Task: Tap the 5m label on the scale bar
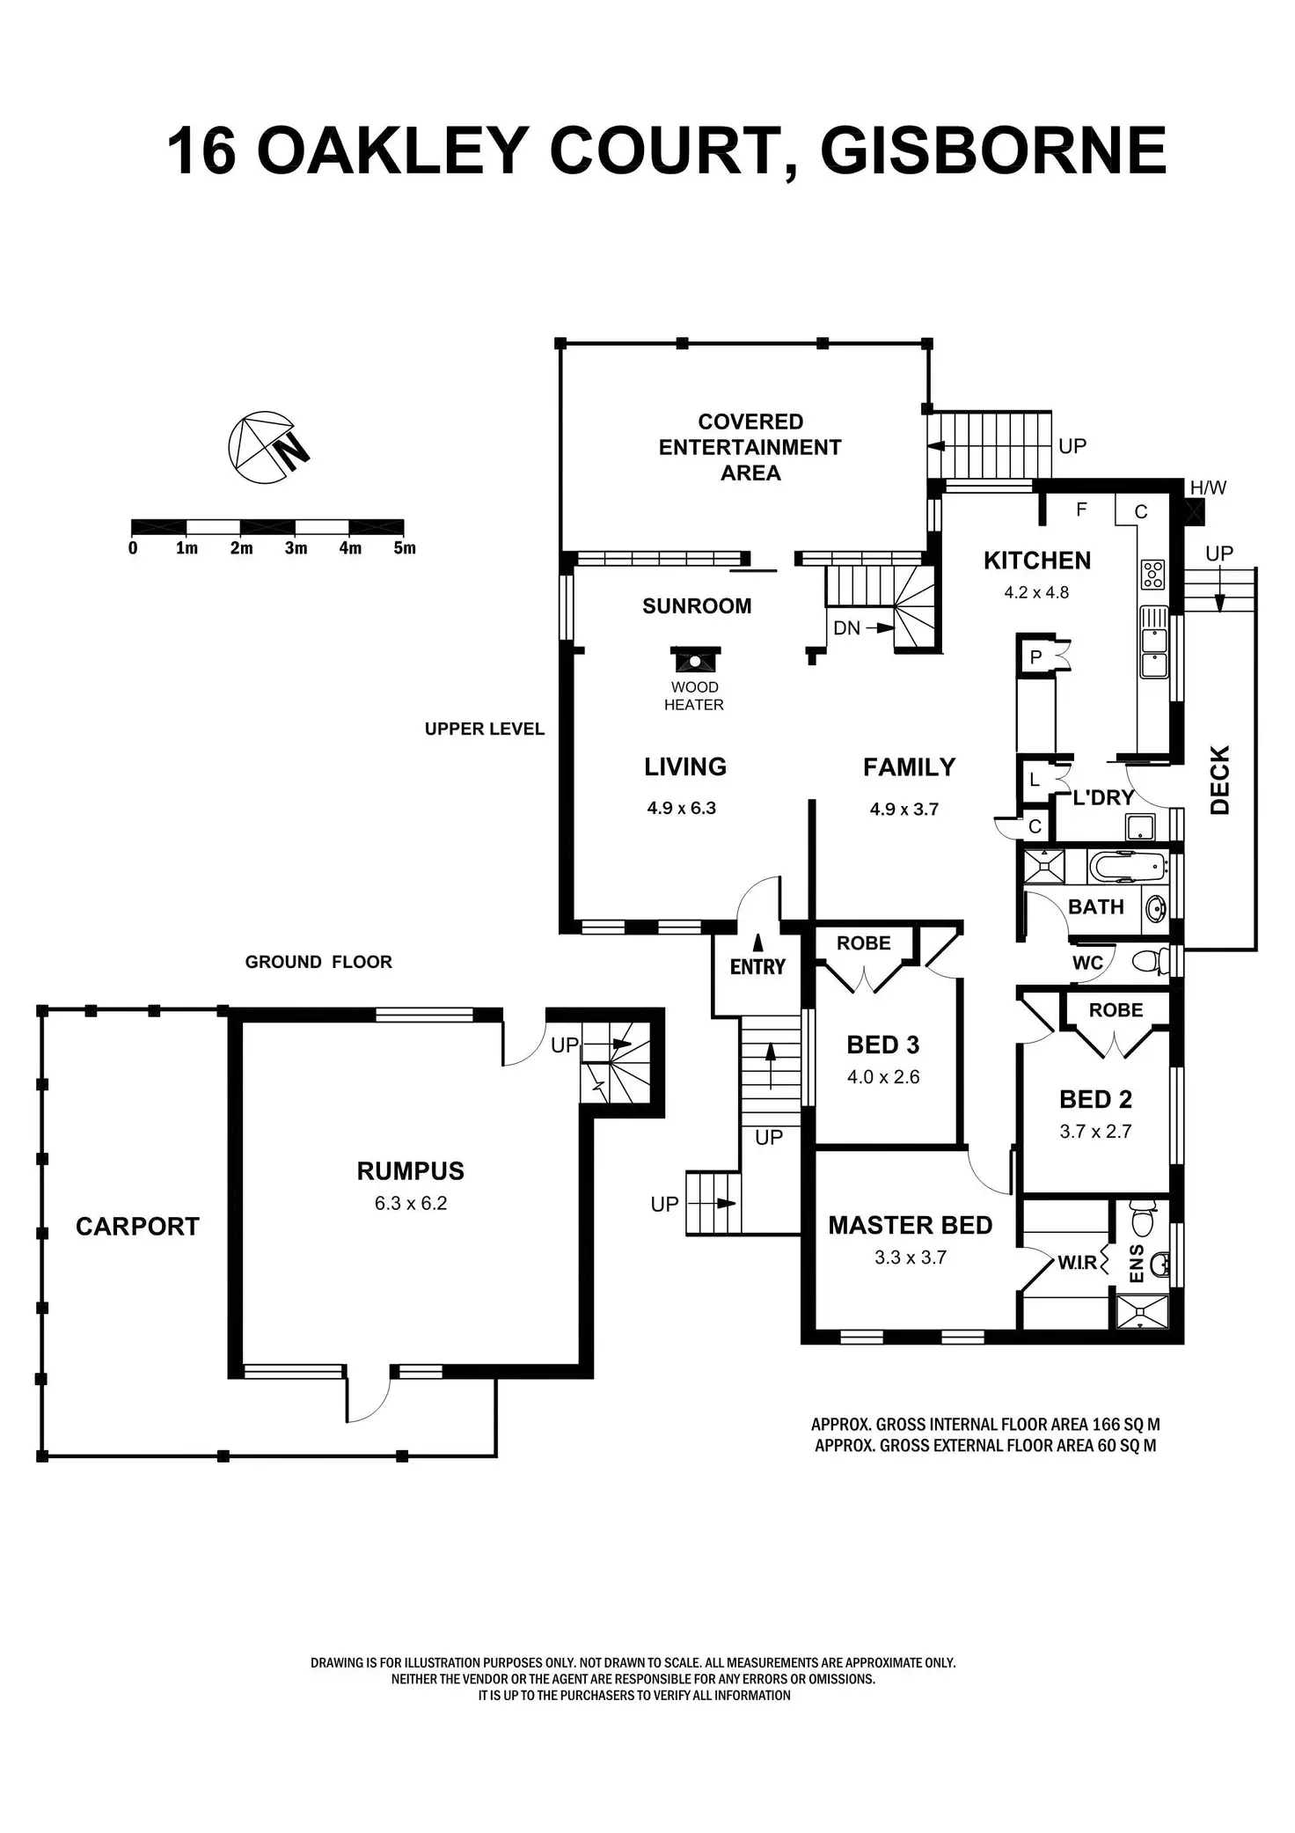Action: pos(404,548)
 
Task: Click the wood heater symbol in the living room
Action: pos(695,659)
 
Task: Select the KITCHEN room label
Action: pos(1036,561)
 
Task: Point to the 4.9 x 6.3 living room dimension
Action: pos(682,808)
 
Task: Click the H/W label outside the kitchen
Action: pos(1208,488)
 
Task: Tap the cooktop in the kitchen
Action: pos(1152,575)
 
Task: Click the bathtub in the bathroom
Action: pos(1127,867)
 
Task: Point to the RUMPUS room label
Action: pos(410,1170)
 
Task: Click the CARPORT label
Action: pos(137,1226)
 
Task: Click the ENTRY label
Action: pos(757,966)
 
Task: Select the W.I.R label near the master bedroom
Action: pos(1077,1263)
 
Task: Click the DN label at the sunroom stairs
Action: pos(846,628)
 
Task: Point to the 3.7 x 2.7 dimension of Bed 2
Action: pos(1095,1132)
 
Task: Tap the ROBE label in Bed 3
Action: pos(863,943)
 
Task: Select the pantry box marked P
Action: pos(1035,656)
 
